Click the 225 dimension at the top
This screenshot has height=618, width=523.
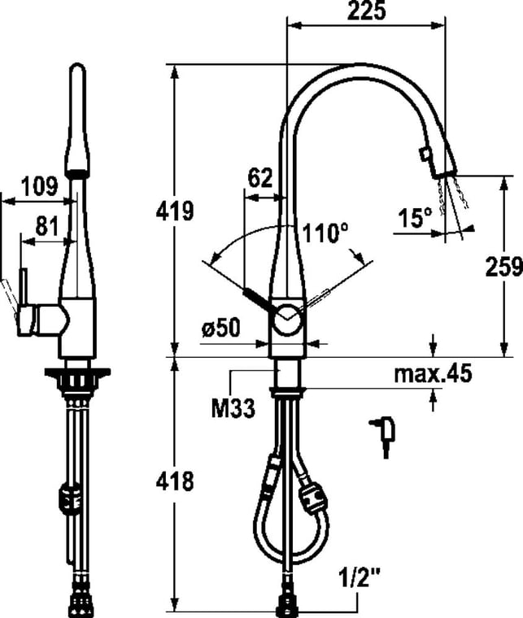click(x=366, y=11)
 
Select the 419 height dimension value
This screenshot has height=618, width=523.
click(x=175, y=211)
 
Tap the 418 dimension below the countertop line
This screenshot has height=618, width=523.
click(x=175, y=481)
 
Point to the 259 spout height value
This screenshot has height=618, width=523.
click(x=503, y=266)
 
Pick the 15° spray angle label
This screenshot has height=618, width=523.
click(x=415, y=218)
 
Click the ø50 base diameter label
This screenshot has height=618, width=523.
click(x=220, y=328)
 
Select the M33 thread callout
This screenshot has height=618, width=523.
click(x=233, y=408)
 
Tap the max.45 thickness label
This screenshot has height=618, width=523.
click(x=433, y=373)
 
